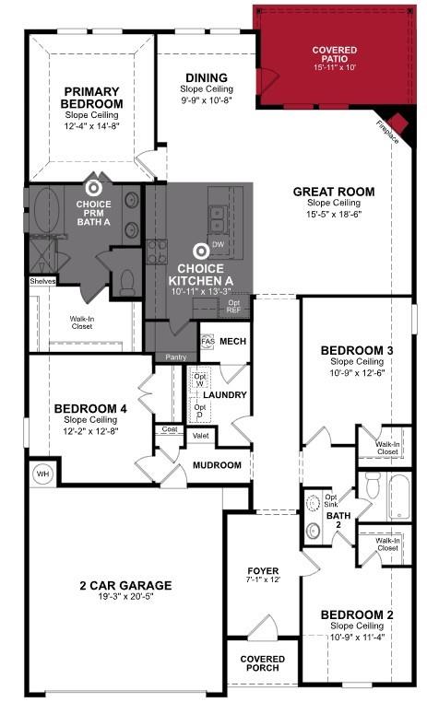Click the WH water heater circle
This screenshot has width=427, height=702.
pos(42,474)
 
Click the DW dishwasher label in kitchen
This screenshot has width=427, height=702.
pos(218,244)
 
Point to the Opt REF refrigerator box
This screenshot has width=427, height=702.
pos(234,307)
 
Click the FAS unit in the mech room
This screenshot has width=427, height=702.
pos(208,341)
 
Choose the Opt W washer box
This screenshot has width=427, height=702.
pos(199,380)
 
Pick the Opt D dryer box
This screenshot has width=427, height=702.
pos(199,409)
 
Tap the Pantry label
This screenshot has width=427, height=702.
pos(175,357)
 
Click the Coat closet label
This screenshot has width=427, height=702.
pos(170,429)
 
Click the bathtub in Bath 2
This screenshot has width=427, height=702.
pos(397,497)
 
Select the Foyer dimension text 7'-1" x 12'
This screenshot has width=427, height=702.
pos(262,580)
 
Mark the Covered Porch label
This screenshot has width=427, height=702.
pos(262,664)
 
